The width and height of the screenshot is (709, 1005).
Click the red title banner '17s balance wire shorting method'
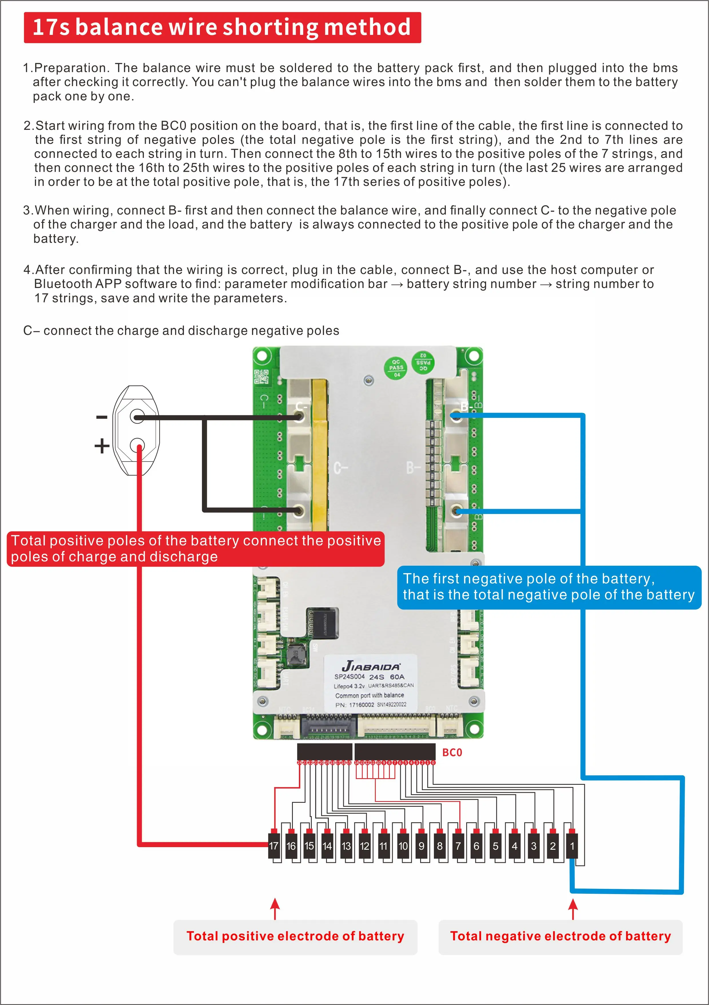pyautogui.click(x=222, y=27)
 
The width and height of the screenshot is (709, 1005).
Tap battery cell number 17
pyautogui.click(x=273, y=846)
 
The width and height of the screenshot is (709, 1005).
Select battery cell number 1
pyautogui.click(x=572, y=846)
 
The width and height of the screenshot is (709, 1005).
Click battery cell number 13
pyautogui.click(x=346, y=846)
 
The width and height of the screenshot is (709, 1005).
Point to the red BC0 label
pyautogui.click(x=452, y=752)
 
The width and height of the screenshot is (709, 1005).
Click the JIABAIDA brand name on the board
pyautogui.click(x=371, y=666)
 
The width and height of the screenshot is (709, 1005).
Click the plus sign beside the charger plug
pyautogui.click(x=102, y=446)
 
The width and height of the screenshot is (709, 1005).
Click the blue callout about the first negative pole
pyautogui.click(x=549, y=587)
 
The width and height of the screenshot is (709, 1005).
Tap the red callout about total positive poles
pyautogui.click(x=196, y=549)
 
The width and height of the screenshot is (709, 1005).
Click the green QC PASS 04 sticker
pyautogui.click(x=396, y=368)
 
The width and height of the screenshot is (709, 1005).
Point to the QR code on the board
pyautogui.click(x=261, y=376)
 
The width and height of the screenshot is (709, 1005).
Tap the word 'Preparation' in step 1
pyautogui.click(x=70, y=68)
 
